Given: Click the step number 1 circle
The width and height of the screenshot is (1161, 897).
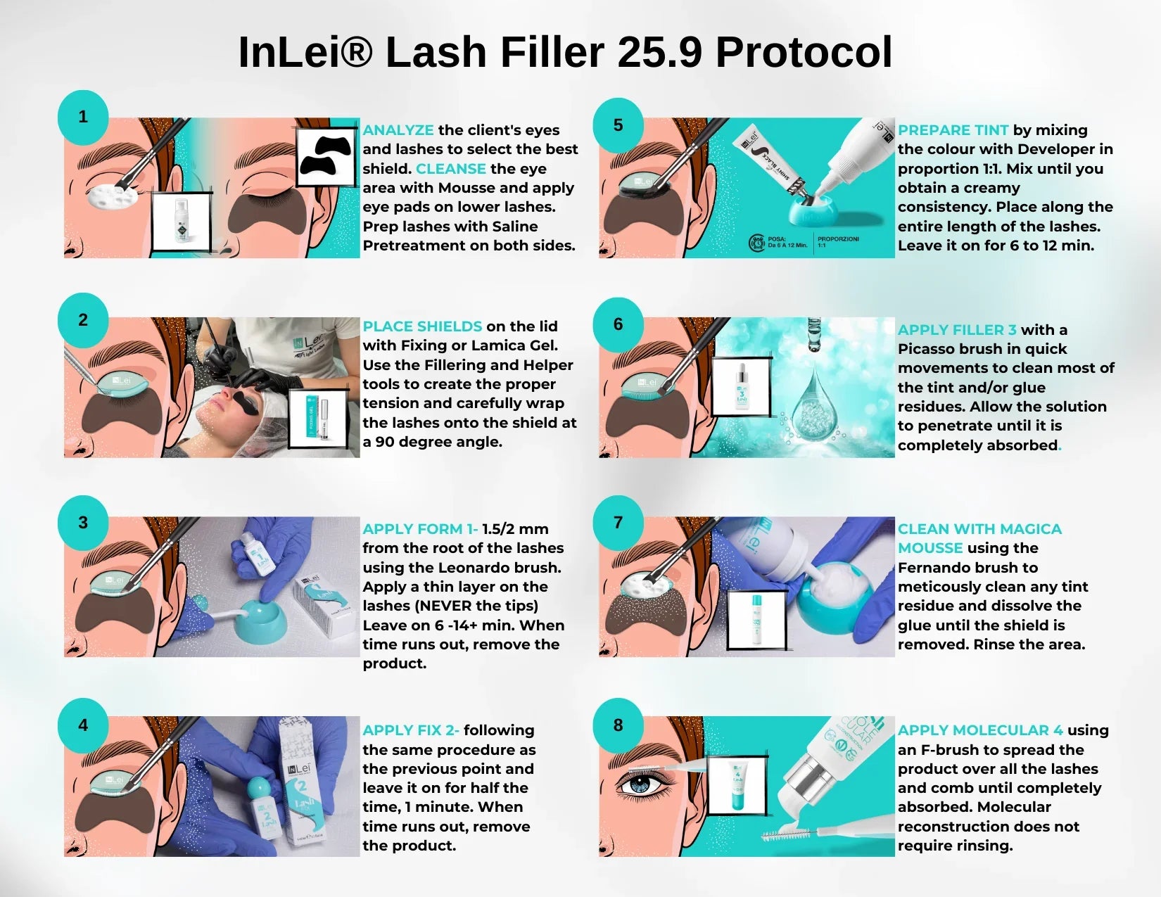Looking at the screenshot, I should click(83, 116).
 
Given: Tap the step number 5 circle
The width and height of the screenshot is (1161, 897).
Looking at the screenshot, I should click(618, 125).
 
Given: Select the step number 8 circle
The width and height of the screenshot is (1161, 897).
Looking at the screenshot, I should click(618, 725).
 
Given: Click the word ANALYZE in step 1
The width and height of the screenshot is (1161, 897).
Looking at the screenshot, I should click(398, 130).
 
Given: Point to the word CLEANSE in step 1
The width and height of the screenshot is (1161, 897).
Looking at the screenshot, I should click(450, 169).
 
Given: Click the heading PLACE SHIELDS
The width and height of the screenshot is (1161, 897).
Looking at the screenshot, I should click(422, 326).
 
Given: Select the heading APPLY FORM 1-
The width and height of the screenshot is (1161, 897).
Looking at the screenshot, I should click(420, 529).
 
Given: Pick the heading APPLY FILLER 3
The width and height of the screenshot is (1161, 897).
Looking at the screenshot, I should click(957, 330).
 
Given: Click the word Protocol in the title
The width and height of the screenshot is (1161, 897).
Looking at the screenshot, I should click(804, 52).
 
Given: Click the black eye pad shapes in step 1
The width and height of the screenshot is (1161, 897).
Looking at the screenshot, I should click(326, 157).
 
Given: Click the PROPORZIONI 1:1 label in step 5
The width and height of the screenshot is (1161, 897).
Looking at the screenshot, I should click(837, 241).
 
